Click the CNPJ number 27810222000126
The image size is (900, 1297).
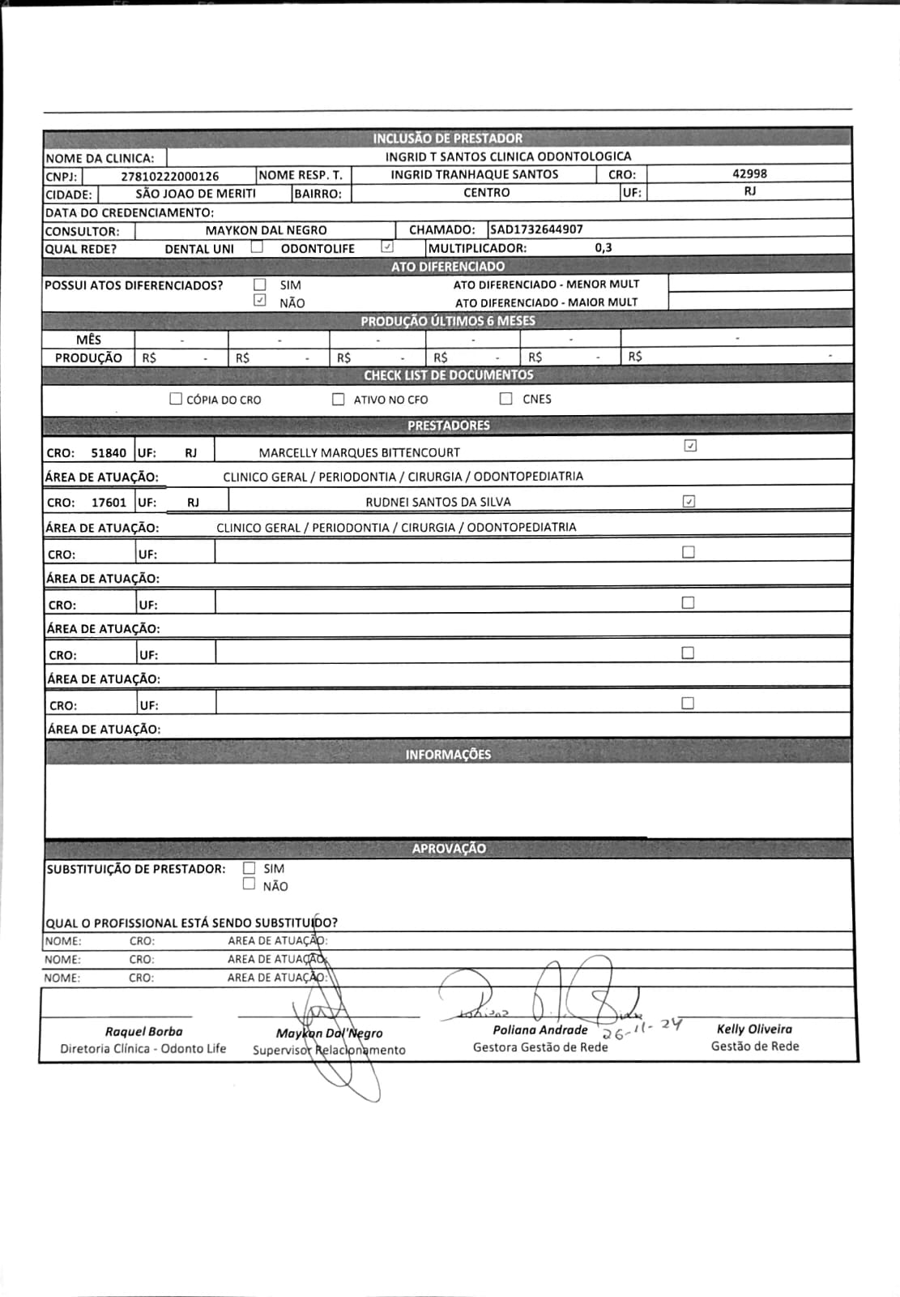coord(169,176)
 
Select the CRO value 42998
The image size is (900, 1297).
coord(749,173)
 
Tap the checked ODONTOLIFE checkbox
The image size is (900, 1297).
coord(387,247)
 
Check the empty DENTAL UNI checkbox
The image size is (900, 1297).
coord(257,247)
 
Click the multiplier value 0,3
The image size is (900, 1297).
coord(604,248)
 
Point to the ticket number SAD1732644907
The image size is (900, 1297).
coord(536,229)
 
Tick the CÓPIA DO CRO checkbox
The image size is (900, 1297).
coord(176,399)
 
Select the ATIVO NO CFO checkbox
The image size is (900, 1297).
coord(339,399)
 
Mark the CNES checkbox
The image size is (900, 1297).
coord(506,398)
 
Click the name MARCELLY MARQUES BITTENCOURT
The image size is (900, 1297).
coord(359,452)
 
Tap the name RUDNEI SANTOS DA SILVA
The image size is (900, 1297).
coord(438,502)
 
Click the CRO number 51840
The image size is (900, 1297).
coord(109,453)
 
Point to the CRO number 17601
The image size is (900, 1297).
coord(109,503)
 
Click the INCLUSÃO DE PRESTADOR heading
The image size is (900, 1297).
coord(447,138)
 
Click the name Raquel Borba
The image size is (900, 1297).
coord(143,1031)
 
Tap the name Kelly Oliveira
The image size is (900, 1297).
coord(754,1029)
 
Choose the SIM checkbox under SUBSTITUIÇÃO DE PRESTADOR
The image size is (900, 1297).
coord(250,868)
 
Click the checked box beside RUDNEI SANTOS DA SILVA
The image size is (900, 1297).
coord(689,501)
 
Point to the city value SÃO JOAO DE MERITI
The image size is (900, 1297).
coord(195,194)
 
